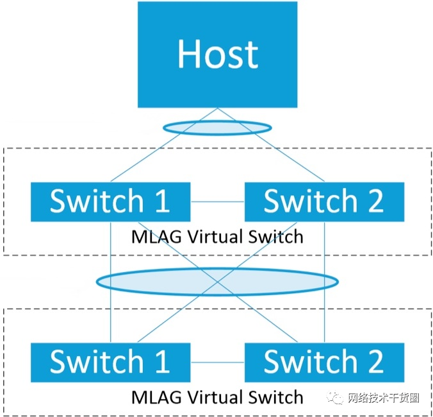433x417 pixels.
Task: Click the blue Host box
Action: pos(218,54)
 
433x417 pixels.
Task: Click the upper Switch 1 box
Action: pos(110,201)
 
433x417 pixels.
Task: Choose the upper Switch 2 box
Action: pos(324,201)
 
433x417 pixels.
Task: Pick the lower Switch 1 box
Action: pos(110,362)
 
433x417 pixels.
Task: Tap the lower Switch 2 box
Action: pos(324,362)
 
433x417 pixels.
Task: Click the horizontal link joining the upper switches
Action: pos(217,202)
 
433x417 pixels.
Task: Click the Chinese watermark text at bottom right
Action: pos(383,398)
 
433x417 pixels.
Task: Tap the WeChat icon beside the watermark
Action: pos(337,398)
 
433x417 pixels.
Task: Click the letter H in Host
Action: pos(190,54)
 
